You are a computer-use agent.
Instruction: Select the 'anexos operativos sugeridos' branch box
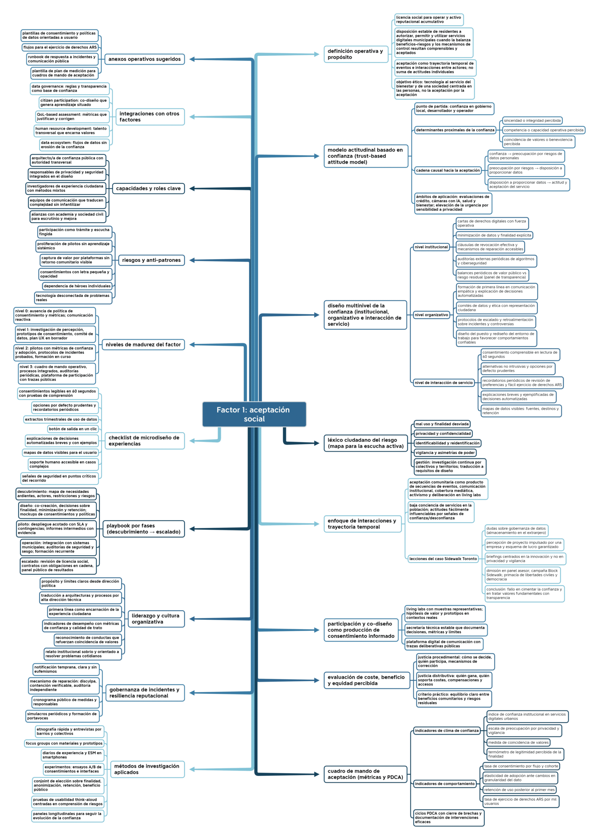pyautogui.click(x=145, y=59)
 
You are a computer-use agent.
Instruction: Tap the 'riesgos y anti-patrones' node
pyautogui.click(x=151, y=260)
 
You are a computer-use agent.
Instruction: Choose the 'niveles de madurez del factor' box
pyautogui.click(x=143, y=345)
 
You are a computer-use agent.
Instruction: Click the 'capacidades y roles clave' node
pyautogui.click(x=148, y=189)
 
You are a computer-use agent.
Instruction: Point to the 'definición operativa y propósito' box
pyautogui.click(x=356, y=54)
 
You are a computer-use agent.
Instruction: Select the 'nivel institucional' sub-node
pyautogui.click(x=431, y=247)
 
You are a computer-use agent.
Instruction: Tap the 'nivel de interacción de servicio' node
pyautogui.click(x=444, y=383)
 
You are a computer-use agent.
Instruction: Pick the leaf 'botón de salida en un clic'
pyautogui.click(x=73, y=429)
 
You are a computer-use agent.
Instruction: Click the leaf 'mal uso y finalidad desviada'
pyautogui.click(x=442, y=424)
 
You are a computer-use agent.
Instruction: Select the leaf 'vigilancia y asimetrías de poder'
pyautogui.click(x=445, y=452)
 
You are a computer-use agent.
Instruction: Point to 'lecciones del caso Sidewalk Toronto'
pyautogui.click(x=443, y=559)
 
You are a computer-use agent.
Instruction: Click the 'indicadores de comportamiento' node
pyautogui.click(x=445, y=784)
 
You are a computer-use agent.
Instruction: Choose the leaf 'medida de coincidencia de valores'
pyautogui.click(x=518, y=743)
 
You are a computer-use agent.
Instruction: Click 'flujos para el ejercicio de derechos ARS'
pyautogui.click(x=60, y=47)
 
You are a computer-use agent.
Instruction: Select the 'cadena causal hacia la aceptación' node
pyautogui.click(x=448, y=170)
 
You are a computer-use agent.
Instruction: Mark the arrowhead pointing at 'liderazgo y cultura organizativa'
pyautogui.click(x=192, y=619)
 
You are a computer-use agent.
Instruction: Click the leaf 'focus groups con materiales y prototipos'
pyautogui.click(x=64, y=743)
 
